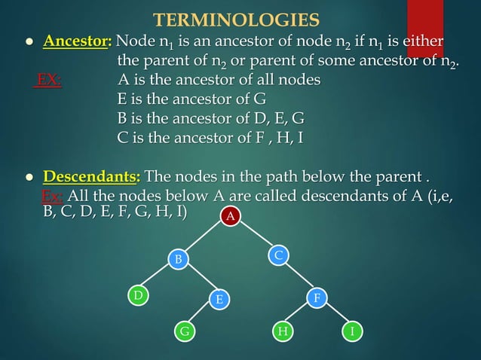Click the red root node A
[231, 218]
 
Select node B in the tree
[179, 260]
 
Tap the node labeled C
[278, 256]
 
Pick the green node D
[137, 296]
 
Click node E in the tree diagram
[219, 299]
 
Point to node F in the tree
[317, 298]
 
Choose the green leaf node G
[183, 331]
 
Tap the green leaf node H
[283, 331]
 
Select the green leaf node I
[351, 331]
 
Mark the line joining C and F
[298, 277]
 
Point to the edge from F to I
[334, 315]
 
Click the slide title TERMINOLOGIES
[236, 18]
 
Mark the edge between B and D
[158, 278]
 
